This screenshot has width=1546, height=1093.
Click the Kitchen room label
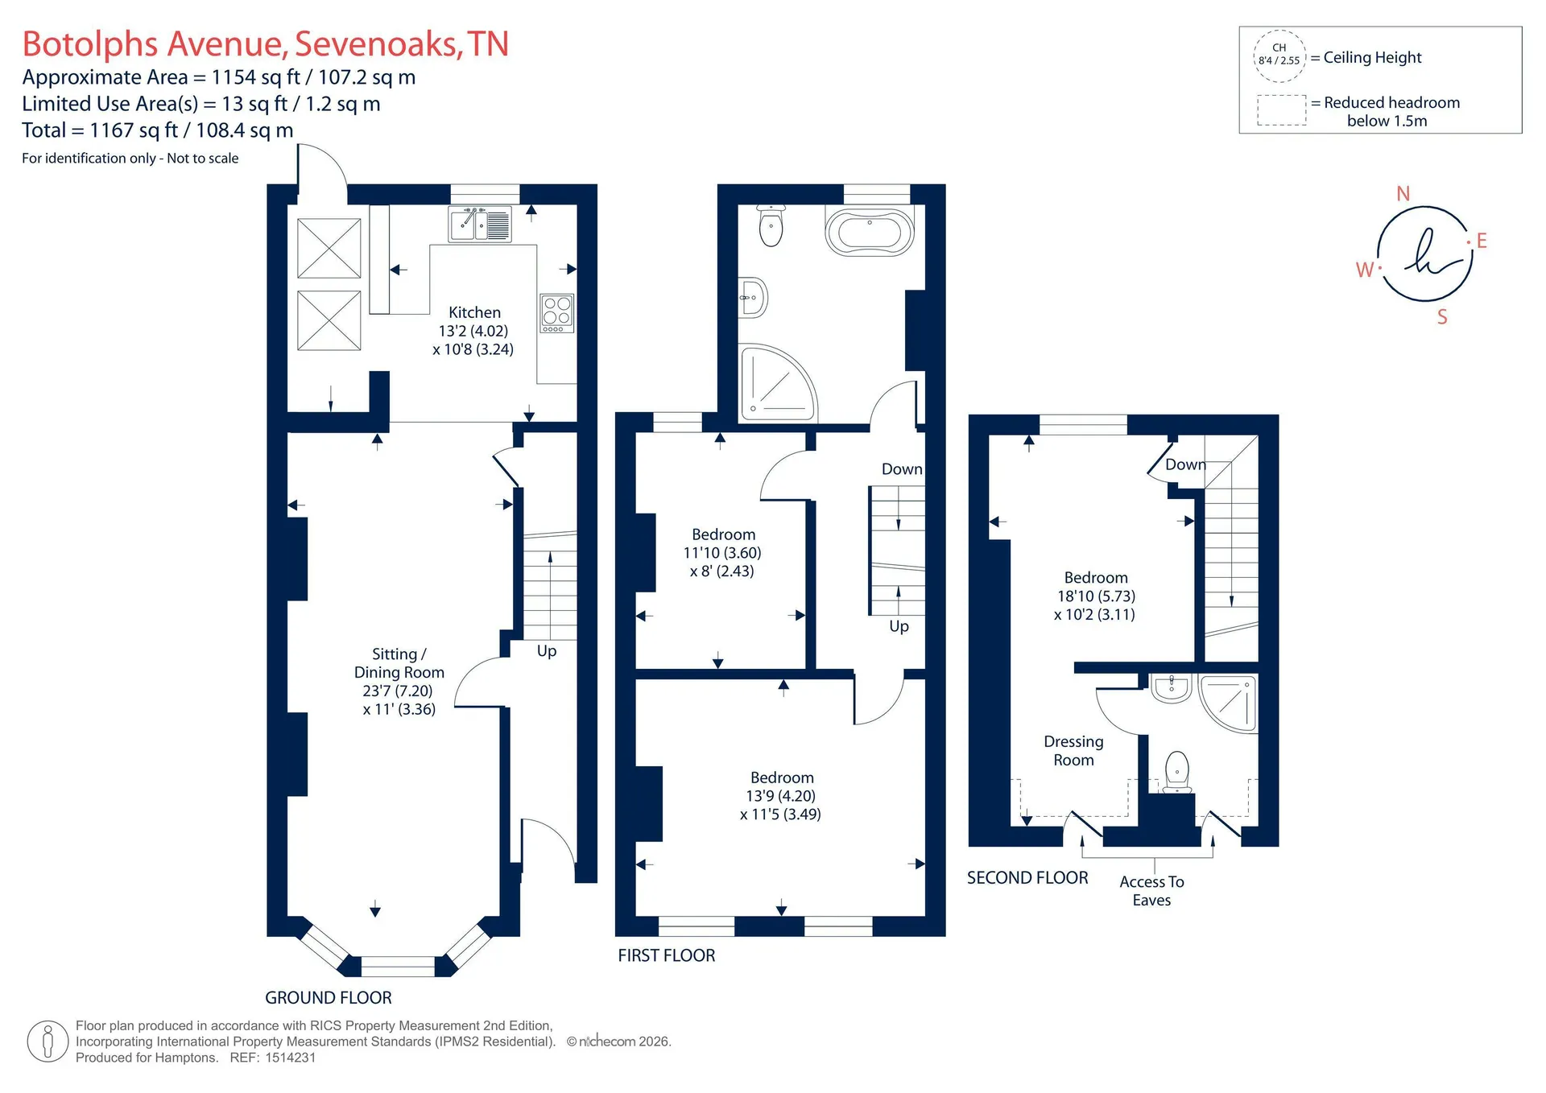[x=474, y=312]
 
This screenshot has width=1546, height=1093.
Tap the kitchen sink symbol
[x=480, y=224]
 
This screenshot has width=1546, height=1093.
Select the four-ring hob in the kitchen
[x=556, y=313]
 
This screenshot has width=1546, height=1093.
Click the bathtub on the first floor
[x=870, y=233]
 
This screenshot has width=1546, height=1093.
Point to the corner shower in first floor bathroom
[x=778, y=383]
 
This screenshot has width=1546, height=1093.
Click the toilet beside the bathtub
[x=771, y=225]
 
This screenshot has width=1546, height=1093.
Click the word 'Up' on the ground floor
[x=547, y=651]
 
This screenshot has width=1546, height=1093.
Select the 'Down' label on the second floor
[x=1185, y=464]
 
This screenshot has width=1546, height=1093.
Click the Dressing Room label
[x=1073, y=751]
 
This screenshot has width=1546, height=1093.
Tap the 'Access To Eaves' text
[x=1151, y=891]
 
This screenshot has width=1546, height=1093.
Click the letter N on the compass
[x=1403, y=194]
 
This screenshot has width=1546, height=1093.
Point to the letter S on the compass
[x=1442, y=317]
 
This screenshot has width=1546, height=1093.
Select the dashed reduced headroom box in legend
[x=1282, y=110]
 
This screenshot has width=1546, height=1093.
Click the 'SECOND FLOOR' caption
[x=1027, y=878]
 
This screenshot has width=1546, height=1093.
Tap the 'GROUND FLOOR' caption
[x=329, y=998]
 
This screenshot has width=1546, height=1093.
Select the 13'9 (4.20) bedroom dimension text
[x=780, y=796]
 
